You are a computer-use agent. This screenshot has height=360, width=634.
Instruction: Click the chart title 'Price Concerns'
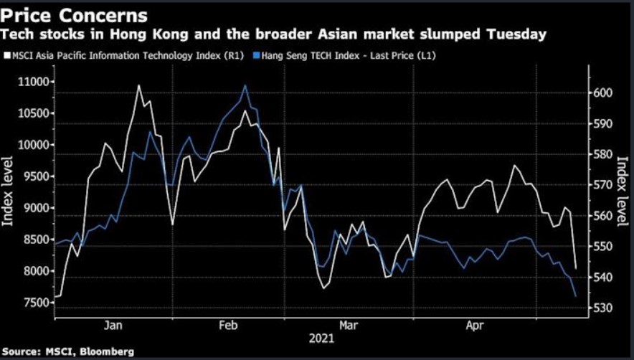[x=76, y=15]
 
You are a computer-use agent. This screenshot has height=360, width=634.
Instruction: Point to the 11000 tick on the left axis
[x=33, y=82]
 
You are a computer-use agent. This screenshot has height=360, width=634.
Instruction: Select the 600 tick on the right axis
[x=605, y=93]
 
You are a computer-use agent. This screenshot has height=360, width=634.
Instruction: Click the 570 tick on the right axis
[x=605, y=185]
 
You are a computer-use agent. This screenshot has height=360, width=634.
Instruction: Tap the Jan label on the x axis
[x=113, y=325]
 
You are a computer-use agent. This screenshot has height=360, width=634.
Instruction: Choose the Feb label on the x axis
[x=227, y=325]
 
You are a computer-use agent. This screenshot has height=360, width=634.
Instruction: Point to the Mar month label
[x=349, y=325]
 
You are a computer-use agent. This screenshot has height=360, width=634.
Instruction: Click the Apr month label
[x=475, y=325]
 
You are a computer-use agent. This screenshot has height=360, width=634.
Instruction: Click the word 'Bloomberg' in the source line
[x=106, y=351]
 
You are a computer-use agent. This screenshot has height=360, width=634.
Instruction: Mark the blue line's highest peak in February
[x=245, y=85]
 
